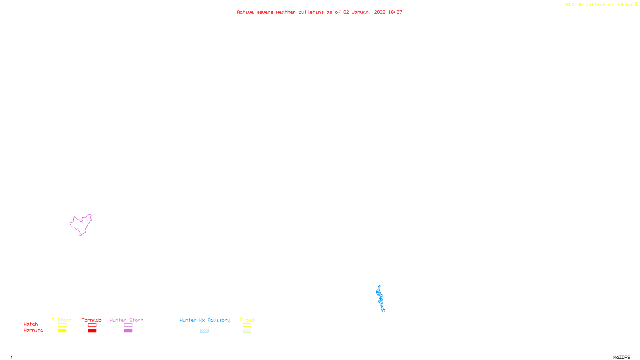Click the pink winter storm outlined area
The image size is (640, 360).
point(81,225)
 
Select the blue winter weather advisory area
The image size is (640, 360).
point(380,298)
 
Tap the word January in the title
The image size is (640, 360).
point(361,12)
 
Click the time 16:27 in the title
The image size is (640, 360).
point(395,12)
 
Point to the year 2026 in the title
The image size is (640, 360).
point(380,12)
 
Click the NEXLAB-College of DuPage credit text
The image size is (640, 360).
point(599,5)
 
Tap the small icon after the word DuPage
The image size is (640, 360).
point(636,4)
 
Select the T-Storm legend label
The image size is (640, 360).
point(62,320)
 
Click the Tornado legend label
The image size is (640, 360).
point(92,320)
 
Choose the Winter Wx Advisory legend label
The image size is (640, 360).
point(205,320)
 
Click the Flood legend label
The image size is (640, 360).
point(247,320)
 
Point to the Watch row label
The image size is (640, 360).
point(31,324)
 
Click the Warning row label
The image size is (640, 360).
point(33,330)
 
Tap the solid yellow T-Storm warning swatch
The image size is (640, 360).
point(62,331)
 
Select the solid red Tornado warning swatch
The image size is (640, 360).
point(92,331)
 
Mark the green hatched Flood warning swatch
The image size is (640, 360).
point(247,331)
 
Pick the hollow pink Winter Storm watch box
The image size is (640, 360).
point(128,325)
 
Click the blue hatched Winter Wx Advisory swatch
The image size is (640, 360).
point(204,331)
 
